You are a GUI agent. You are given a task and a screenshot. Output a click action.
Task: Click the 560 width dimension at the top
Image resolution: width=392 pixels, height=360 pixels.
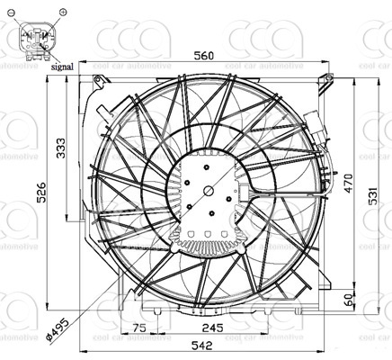click(x=204, y=56)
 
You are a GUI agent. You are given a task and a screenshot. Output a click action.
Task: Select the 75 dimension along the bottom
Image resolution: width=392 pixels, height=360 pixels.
click(x=139, y=328)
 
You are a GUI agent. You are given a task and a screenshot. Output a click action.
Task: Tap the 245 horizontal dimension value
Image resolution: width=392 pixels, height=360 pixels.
click(x=212, y=328)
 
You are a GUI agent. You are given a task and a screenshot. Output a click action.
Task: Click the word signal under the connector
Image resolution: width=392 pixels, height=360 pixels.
click(x=63, y=67)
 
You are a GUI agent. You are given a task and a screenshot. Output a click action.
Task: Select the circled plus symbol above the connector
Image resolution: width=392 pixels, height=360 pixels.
click(x=62, y=11)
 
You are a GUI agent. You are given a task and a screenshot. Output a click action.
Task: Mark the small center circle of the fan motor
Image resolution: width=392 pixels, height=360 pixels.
click(x=209, y=190)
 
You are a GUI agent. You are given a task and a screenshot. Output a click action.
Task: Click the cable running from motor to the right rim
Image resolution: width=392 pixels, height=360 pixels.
click(x=288, y=193)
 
